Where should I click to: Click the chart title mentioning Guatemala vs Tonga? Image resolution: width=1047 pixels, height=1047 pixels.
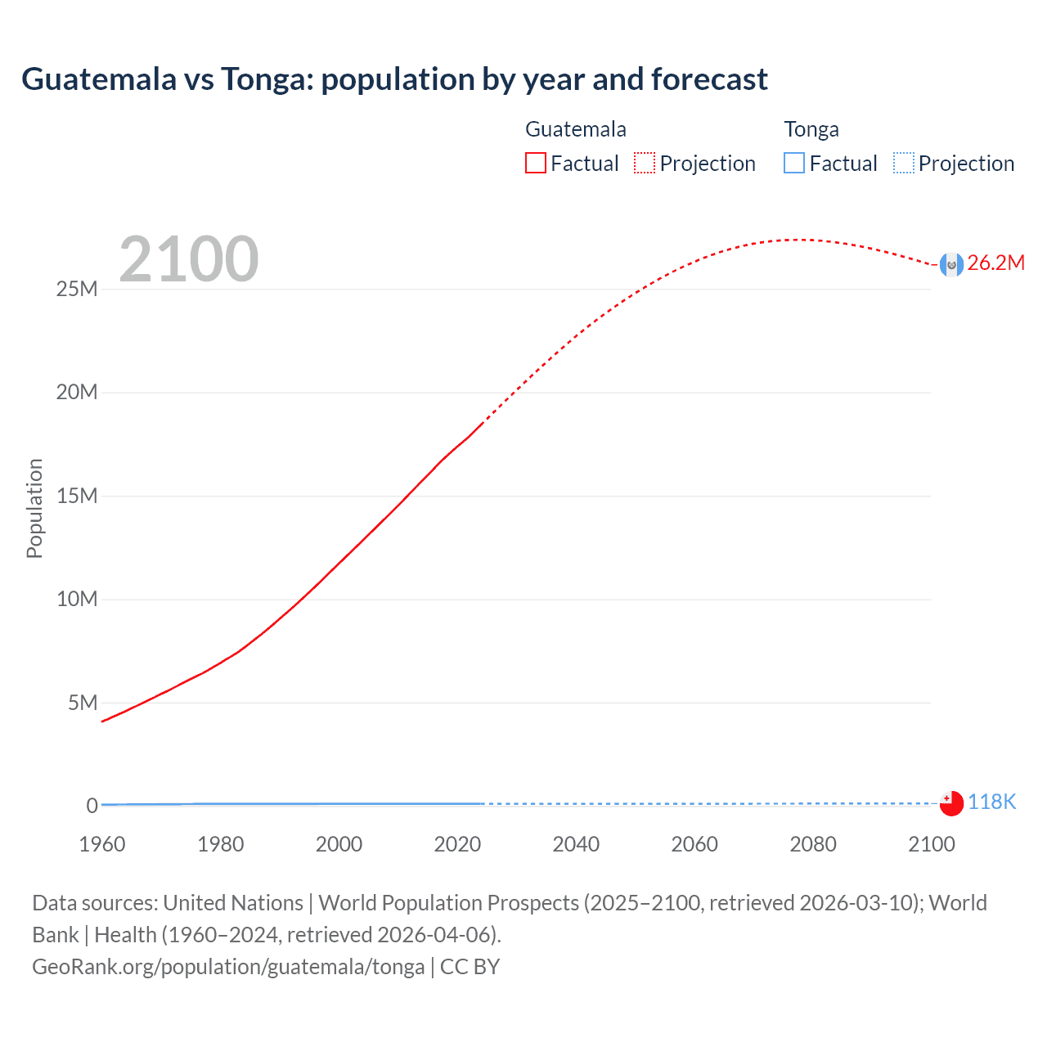click(394, 79)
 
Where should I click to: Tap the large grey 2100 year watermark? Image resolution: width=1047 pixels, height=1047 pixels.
click(189, 259)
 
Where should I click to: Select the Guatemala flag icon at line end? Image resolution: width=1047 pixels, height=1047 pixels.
click(951, 264)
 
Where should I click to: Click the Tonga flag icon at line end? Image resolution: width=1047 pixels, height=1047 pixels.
click(951, 803)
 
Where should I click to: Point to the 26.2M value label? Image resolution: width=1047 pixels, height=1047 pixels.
click(995, 263)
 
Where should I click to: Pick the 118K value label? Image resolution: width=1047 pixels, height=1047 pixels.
click(991, 802)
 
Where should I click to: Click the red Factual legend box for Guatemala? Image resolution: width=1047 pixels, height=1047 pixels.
click(536, 163)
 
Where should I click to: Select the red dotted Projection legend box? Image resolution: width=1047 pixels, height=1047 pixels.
click(645, 163)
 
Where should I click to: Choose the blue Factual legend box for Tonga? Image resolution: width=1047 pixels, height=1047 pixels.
click(794, 163)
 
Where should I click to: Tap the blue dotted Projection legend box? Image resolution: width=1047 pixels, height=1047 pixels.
click(904, 163)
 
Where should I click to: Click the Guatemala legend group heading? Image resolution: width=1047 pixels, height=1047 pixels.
click(575, 129)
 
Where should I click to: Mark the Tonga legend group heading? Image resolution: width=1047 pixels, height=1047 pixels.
click(811, 129)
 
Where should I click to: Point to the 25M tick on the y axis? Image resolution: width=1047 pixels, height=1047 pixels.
click(77, 289)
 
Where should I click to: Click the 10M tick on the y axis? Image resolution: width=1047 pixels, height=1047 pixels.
click(77, 599)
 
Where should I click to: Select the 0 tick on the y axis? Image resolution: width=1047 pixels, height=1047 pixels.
click(92, 806)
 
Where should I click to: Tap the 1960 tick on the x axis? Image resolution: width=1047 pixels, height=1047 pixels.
click(102, 844)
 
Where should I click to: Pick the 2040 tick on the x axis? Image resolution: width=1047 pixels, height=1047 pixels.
click(576, 844)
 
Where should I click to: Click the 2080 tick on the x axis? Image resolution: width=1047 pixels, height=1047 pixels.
click(812, 844)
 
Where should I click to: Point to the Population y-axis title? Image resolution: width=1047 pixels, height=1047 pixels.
click(34, 508)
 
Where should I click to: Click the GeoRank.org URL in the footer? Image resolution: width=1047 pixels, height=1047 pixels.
click(228, 967)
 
